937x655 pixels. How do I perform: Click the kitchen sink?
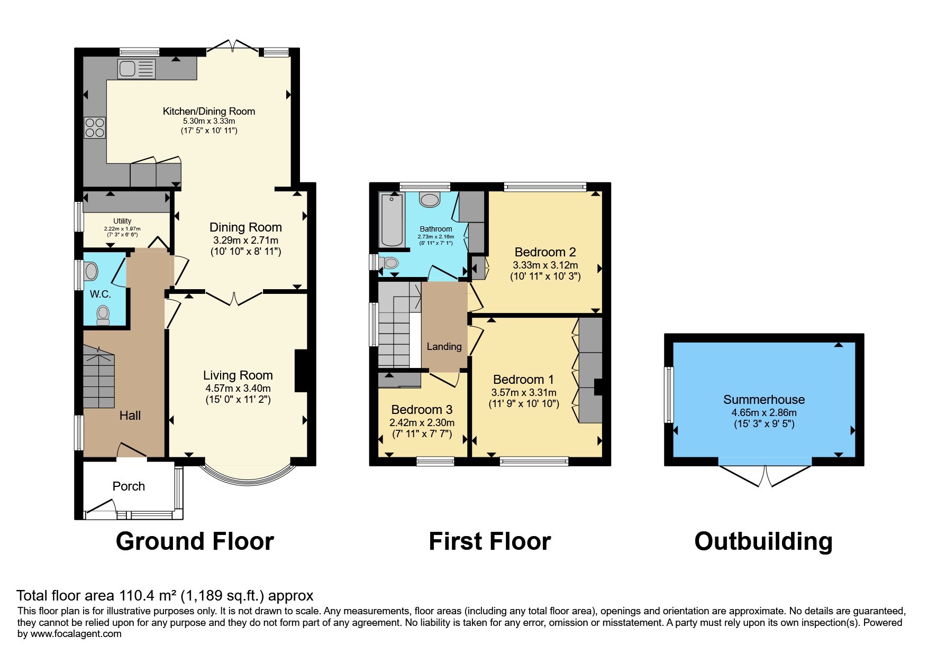click(137, 69)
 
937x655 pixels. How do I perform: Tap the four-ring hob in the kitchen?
click(95, 127)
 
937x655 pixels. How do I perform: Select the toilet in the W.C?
click(103, 316)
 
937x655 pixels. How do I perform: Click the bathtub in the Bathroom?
click(392, 220)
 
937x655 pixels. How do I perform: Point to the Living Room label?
click(238, 375)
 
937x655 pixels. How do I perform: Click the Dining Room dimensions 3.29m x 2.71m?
click(245, 241)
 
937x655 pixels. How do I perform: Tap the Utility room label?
click(122, 221)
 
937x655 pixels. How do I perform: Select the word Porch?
click(129, 486)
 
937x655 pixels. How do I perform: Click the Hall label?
click(130, 416)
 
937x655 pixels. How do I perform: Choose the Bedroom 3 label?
click(422, 410)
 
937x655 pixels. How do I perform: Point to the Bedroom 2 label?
click(545, 252)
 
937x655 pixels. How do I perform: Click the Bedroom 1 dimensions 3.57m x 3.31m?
click(524, 393)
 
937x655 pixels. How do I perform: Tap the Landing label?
click(444, 347)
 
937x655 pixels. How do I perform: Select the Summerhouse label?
click(764, 400)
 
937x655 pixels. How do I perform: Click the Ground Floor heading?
click(195, 541)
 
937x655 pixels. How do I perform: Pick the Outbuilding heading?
click(763, 541)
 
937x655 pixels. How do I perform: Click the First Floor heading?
click(490, 541)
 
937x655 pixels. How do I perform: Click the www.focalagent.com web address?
click(76, 634)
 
